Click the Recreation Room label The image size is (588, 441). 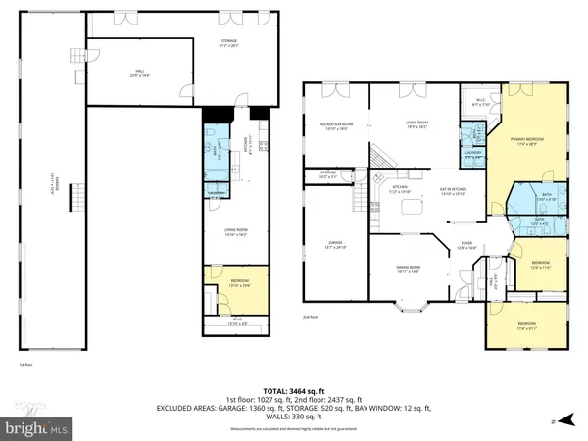[336, 124]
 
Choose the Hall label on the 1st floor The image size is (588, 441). [139, 72]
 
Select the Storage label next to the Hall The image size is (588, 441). [228, 43]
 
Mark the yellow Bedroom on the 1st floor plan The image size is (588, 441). [226, 285]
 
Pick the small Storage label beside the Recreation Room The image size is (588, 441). [327, 177]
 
